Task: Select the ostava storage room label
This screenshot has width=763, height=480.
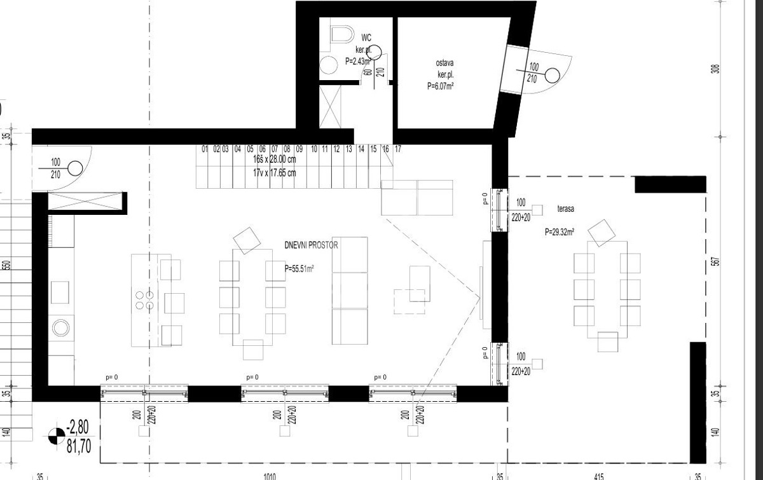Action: [444, 63]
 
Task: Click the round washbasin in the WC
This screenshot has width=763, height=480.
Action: [329, 65]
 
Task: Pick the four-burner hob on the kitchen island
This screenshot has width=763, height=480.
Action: [144, 300]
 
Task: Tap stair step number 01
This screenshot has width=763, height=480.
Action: [205, 149]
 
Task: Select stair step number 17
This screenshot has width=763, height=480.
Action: [397, 149]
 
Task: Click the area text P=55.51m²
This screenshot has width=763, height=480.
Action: [299, 269]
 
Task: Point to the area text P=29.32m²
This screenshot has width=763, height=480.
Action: [560, 233]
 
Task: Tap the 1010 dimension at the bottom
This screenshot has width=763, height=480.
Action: [270, 475]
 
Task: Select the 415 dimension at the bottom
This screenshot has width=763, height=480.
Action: [598, 475]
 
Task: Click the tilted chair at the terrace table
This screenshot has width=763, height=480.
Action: [600, 233]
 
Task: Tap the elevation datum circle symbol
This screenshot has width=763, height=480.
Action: [56, 437]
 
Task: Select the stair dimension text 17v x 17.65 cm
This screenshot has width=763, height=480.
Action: [275, 173]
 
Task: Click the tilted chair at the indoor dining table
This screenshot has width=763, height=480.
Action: [247, 240]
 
